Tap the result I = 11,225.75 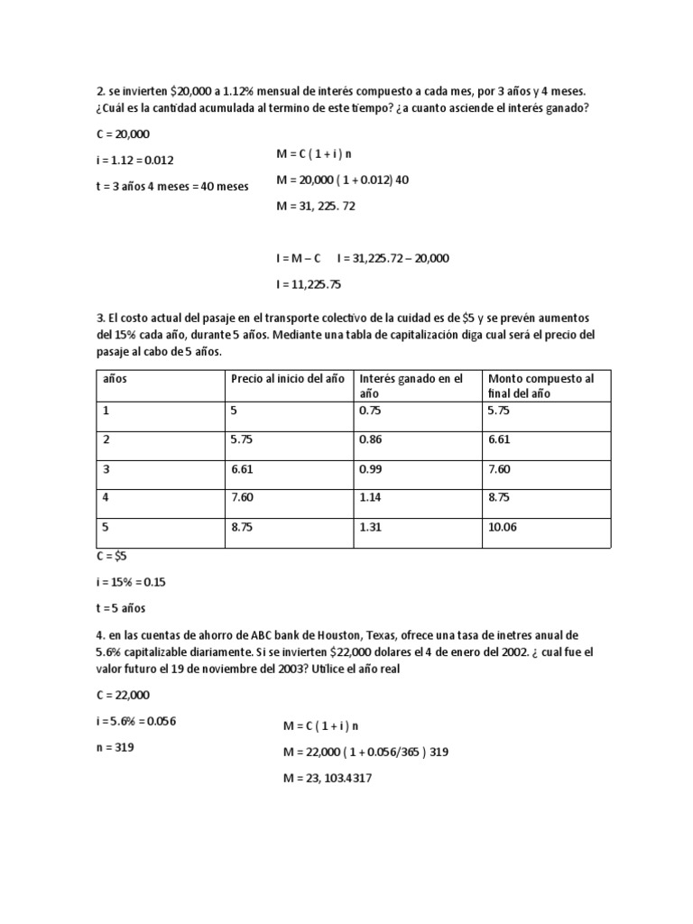coord(309,284)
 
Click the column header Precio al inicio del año coord(287,379)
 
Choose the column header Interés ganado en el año coord(411,386)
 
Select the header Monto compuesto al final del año coord(541,386)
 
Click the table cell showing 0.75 coord(370,410)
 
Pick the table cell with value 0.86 coord(370,439)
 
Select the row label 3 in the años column coord(106,468)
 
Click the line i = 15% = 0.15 coord(131,582)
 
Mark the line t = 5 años coord(120,608)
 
